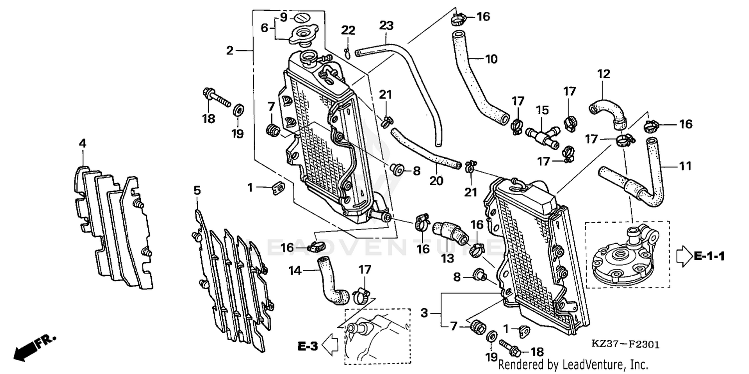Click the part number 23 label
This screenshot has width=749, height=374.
click(386, 24)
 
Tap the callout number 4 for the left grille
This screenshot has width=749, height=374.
click(82, 143)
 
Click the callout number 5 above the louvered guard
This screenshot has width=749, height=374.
click(197, 190)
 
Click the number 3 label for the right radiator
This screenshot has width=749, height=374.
click(424, 313)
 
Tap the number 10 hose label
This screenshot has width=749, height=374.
click(491, 59)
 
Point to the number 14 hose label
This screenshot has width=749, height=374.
click(296, 270)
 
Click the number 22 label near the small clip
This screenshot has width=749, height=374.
click(348, 30)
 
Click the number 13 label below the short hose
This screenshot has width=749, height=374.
click(447, 258)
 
